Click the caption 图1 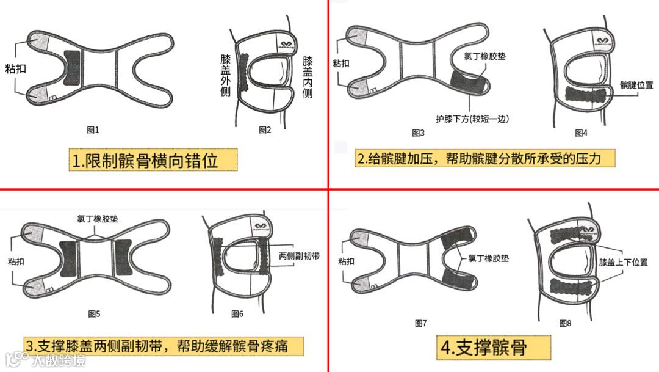pyautogui.click(x=93, y=130)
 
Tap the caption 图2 pyautogui.click(x=265, y=130)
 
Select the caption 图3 pyautogui.click(x=418, y=133)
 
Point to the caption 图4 pyautogui.click(x=582, y=133)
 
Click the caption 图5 pyautogui.click(x=94, y=313)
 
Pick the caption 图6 pyautogui.click(x=237, y=313)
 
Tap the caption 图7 pyautogui.click(x=420, y=323)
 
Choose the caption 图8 pyautogui.click(x=565, y=323)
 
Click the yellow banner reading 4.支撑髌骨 pyautogui.click(x=494, y=348)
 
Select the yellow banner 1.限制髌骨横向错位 pyautogui.click(x=153, y=160)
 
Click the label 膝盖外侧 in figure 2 pyautogui.click(x=226, y=76)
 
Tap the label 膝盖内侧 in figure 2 pyautogui.click(x=308, y=78)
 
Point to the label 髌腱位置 pyautogui.click(x=636, y=85)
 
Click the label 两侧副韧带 pyautogui.click(x=299, y=255)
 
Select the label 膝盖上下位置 pyautogui.click(x=623, y=262)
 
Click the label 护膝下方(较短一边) pyautogui.click(x=472, y=119)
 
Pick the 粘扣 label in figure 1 pyautogui.click(x=15, y=68)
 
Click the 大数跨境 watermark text pyautogui.click(x=59, y=360)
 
